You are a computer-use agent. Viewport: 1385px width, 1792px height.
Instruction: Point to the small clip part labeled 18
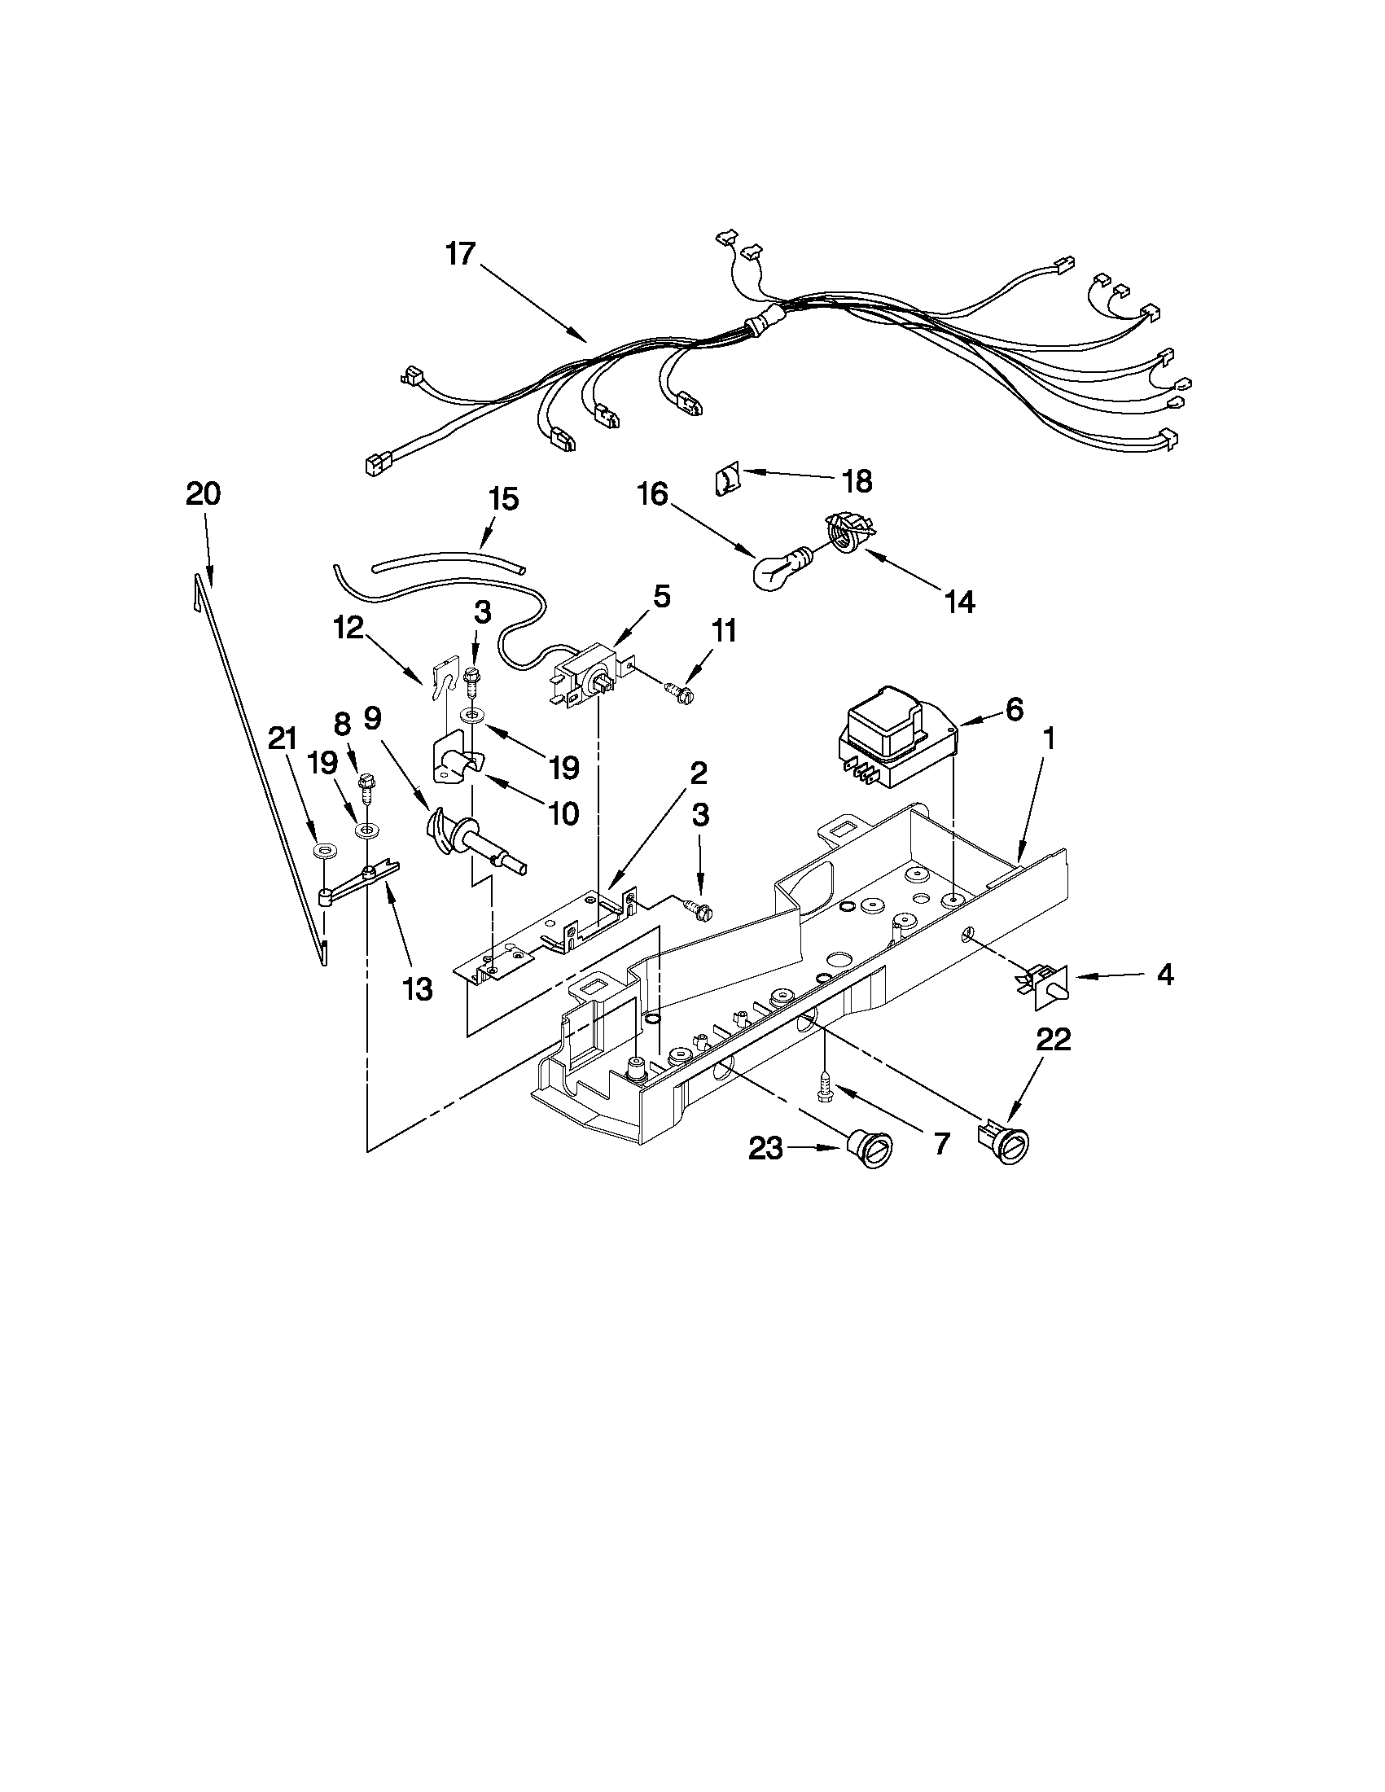tap(727, 478)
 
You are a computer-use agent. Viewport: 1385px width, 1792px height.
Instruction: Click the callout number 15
tap(503, 499)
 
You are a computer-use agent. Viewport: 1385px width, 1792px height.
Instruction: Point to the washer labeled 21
tap(326, 849)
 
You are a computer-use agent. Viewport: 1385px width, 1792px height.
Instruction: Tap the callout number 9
tap(372, 719)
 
